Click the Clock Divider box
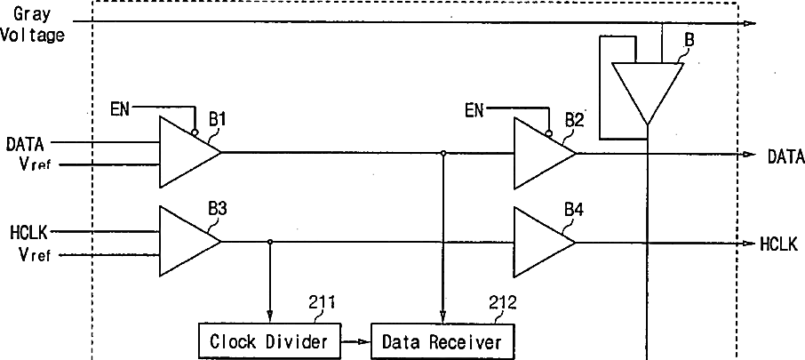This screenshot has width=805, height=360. pyautogui.click(x=268, y=340)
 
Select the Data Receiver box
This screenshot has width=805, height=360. pyautogui.click(x=442, y=340)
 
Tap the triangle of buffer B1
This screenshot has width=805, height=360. pyautogui.click(x=186, y=152)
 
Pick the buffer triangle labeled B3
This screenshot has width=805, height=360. pyautogui.click(x=186, y=241)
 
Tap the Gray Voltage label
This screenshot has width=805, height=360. pyautogui.click(x=34, y=26)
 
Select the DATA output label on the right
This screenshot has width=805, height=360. pyautogui.click(x=785, y=156)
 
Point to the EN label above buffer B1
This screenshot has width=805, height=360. pyautogui.click(x=120, y=109)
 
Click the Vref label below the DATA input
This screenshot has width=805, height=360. pyautogui.click(x=36, y=165)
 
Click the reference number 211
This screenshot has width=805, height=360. pyautogui.click(x=322, y=302)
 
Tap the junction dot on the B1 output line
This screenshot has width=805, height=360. pyautogui.click(x=442, y=153)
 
